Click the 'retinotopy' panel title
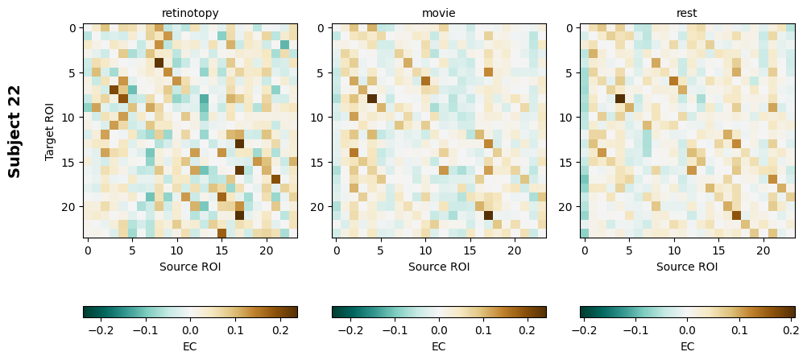(x=190, y=14)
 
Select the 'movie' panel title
(x=438, y=14)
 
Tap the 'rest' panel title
(x=687, y=14)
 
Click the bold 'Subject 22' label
(x=14, y=130)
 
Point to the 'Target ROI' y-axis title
(x=50, y=130)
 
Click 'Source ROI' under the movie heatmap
(x=438, y=267)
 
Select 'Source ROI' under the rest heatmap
(x=687, y=267)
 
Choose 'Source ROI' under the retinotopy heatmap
(x=190, y=267)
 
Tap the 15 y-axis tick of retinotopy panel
(x=70, y=162)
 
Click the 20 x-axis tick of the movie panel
(x=514, y=250)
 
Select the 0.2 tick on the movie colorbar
(x=528, y=330)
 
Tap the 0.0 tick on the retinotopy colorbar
(x=190, y=330)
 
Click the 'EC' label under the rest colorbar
(x=687, y=346)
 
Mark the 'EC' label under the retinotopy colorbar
(x=190, y=346)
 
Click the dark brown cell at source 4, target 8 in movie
(x=372, y=99)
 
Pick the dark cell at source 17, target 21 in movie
(x=488, y=215)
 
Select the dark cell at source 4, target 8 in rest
(x=620, y=99)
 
